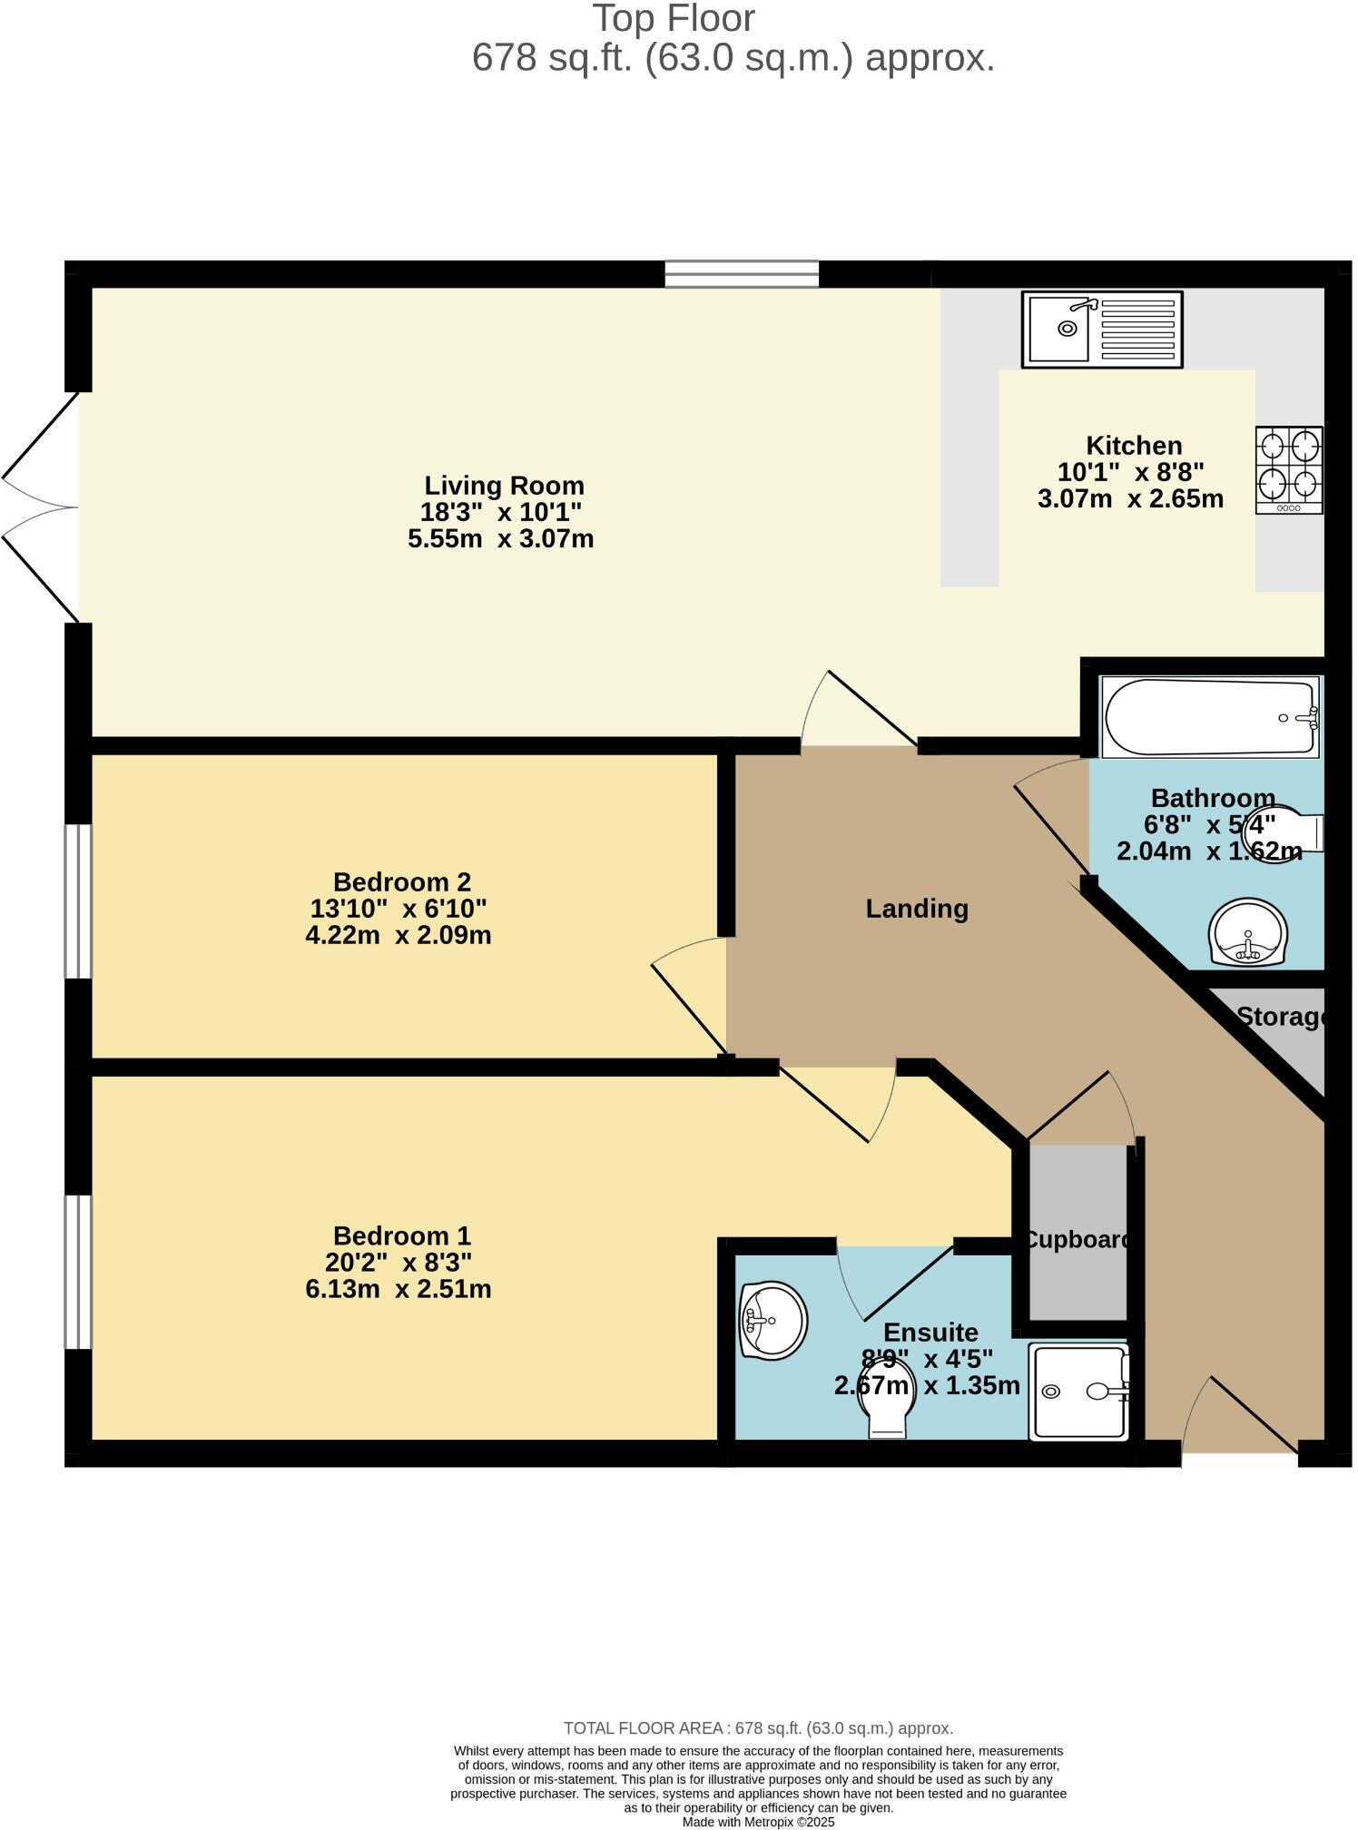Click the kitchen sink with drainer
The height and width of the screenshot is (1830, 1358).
[1102, 329]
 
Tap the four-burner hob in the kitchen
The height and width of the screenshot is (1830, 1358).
[1289, 469]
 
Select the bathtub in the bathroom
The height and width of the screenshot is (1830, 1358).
[1209, 717]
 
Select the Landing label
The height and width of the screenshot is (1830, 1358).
[917, 909]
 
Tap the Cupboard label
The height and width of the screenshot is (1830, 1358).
[1077, 1239]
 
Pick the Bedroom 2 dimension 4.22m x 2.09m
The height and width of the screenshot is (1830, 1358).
[399, 935]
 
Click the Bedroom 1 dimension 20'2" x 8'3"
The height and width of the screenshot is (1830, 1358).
[399, 1263]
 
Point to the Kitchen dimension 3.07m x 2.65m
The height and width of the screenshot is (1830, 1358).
[1130, 498]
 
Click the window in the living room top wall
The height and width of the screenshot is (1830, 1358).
[742, 273]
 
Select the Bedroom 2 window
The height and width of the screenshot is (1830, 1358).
[79, 900]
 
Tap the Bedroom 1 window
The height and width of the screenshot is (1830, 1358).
[79, 1271]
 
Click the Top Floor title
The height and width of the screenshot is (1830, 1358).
[674, 19]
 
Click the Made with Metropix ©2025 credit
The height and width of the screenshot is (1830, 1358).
[758, 1822]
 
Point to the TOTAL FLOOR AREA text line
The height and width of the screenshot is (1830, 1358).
[758, 1728]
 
